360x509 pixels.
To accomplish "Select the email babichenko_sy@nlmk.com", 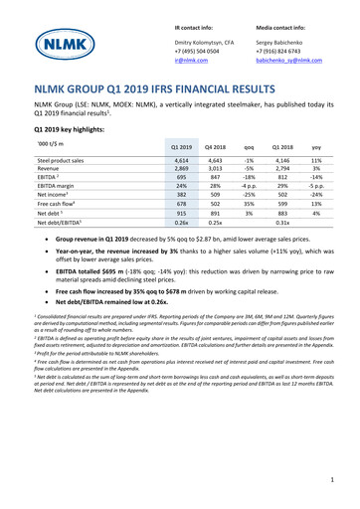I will [290, 60].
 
